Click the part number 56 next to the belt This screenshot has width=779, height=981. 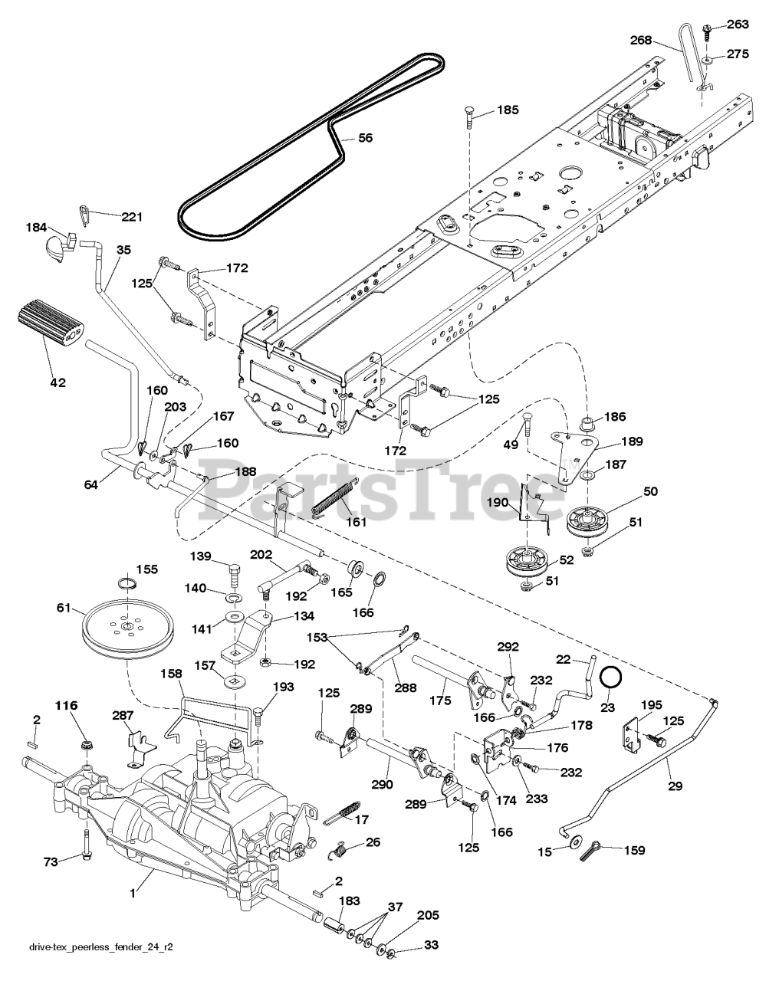pyautogui.click(x=366, y=138)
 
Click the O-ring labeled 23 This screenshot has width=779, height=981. pyautogui.click(x=610, y=678)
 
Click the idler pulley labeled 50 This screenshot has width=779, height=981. pyautogui.click(x=593, y=523)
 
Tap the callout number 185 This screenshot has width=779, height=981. pyautogui.click(x=508, y=110)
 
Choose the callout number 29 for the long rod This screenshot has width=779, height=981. pyautogui.click(x=675, y=786)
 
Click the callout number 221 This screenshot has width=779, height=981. pyautogui.click(x=132, y=217)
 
